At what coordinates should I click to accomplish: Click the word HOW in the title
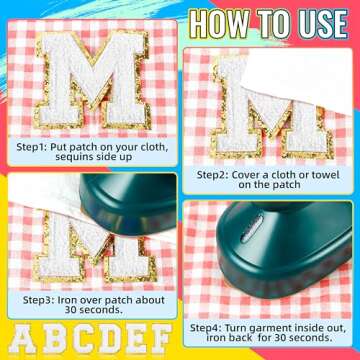218,23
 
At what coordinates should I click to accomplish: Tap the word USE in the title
318,23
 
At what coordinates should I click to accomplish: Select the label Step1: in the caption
32,147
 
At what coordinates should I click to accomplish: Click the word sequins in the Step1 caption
75,157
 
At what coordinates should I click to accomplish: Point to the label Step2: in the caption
212,175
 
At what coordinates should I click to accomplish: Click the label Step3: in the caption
38,300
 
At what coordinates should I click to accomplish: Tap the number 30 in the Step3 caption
71,310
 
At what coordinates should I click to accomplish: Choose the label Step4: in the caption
206,328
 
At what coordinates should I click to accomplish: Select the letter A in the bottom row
22,339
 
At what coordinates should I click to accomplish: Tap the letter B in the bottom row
54,339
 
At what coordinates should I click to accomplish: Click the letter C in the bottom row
83,339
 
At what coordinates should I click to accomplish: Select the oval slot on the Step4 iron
252,229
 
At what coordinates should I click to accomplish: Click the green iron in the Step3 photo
130,203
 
